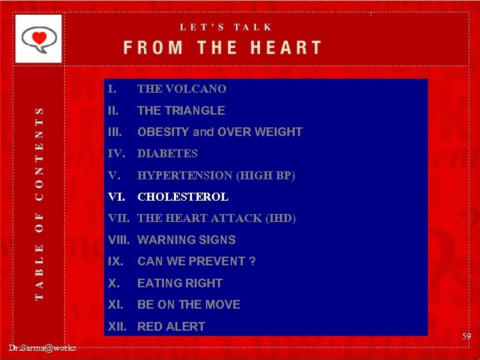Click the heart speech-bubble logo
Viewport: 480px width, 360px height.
[x=38, y=38]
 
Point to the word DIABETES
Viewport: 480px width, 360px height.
[x=167, y=153]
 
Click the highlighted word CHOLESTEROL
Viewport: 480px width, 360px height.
[x=183, y=197]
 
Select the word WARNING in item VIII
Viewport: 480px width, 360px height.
[x=163, y=240]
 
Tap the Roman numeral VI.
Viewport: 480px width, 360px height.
[x=117, y=197]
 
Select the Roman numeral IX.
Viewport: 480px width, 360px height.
[x=115, y=261]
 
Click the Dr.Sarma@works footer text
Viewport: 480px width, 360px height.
[x=43, y=347]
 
